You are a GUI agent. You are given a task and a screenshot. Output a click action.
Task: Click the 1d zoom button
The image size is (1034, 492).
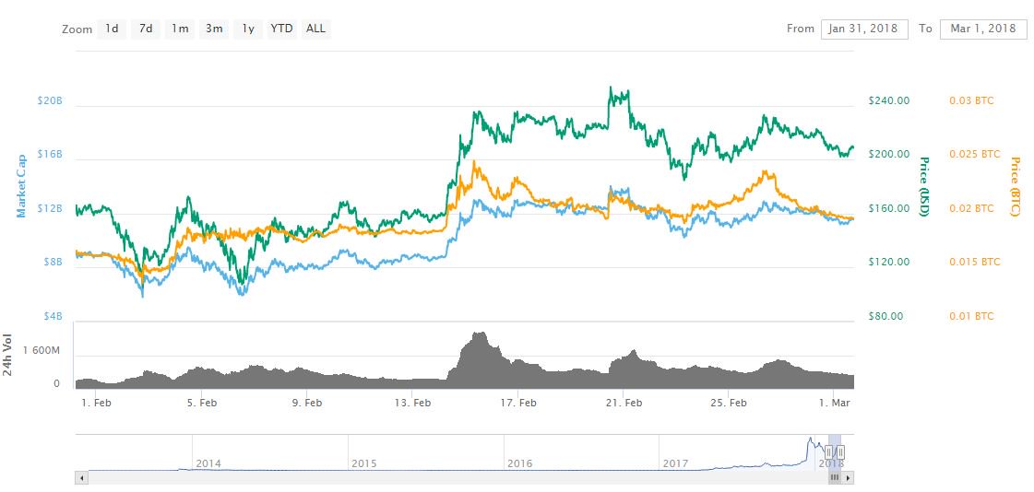click(x=112, y=29)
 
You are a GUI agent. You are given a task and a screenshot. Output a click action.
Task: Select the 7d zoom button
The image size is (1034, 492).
click(x=146, y=29)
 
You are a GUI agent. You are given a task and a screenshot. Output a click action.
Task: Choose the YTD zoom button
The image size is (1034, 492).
click(x=281, y=29)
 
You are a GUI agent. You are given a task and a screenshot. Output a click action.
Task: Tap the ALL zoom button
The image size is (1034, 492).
click(x=315, y=29)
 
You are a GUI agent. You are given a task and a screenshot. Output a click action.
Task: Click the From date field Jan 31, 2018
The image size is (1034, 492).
click(x=864, y=29)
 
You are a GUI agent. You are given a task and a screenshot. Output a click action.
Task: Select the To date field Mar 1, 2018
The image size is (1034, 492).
click(x=983, y=29)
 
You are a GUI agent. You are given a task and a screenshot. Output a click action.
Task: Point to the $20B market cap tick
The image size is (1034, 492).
click(x=50, y=100)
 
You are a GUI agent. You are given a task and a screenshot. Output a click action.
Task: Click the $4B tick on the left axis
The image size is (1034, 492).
click(x=50, y=316)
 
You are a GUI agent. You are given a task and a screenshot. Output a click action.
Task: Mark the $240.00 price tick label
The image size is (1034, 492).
click(x=889, y=100)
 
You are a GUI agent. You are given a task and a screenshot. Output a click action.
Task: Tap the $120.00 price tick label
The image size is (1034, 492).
click(x=889, y=262)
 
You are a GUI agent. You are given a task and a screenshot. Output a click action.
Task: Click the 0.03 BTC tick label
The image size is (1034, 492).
click(x=972, y=100)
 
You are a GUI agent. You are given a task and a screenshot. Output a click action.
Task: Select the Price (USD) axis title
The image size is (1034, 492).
click(x=923, y=186)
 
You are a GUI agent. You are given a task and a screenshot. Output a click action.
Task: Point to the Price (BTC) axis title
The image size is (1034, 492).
click(x=1015, y=187)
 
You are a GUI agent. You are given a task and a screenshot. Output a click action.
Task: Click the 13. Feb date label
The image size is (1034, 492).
click(x=412, y=403)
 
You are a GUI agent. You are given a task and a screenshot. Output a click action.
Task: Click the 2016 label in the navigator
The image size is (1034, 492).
click(x=519, y=463)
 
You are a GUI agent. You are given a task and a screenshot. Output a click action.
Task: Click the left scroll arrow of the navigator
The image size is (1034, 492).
click(x=81, y=478)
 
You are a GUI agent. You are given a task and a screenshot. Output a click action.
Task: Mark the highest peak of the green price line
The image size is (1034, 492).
click(x=612, y=88)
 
